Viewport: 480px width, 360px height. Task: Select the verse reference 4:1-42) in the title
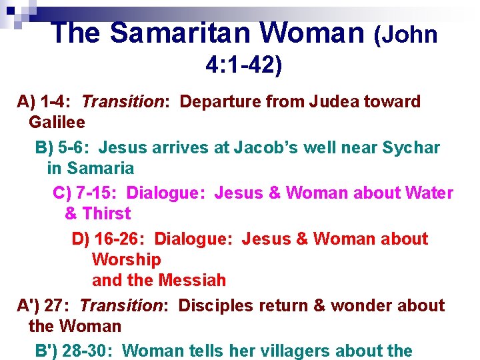click(x=244, y=65)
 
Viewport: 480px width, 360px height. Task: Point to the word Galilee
click(x=57, y=123)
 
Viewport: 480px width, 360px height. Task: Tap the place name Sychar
click(x=411, y=147)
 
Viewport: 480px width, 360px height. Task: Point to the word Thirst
click(x=107, y=214)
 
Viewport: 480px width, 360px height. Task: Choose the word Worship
click(x=126, y=259)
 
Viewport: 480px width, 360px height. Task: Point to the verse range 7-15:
click(x=99, y=193)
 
